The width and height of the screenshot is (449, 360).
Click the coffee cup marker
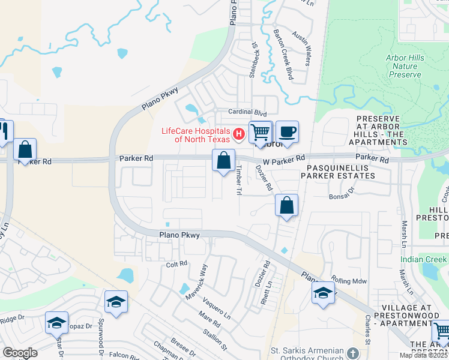pyautogui.click(x=287, y=132)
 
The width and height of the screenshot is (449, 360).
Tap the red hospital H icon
pyautogui.click(x=238, y=133)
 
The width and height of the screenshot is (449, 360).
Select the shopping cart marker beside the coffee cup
pyautogui.click(x=261, y=132)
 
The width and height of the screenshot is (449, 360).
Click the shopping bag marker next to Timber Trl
pyautogui.click(x=223, y=161)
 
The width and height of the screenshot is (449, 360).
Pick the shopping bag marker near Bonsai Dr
pyautogui.click(x=287, y=205)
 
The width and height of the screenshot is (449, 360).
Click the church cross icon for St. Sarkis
pyautogui.click(x=352, y=353)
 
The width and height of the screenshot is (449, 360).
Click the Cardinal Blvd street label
pyautogui.click(x=247, y=112)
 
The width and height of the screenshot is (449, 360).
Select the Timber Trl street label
pyautogui.click(x=238, y=184)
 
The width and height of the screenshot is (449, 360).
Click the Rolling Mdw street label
pyautogui.click(x=348, y=283)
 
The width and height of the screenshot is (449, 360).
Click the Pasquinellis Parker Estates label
pyautogui.click(x=340, y=171)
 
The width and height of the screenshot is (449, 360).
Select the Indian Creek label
pyautogui.click(x=424, y=259)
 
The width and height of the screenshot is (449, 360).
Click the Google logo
pyautogui.click(x=20, y=352)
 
